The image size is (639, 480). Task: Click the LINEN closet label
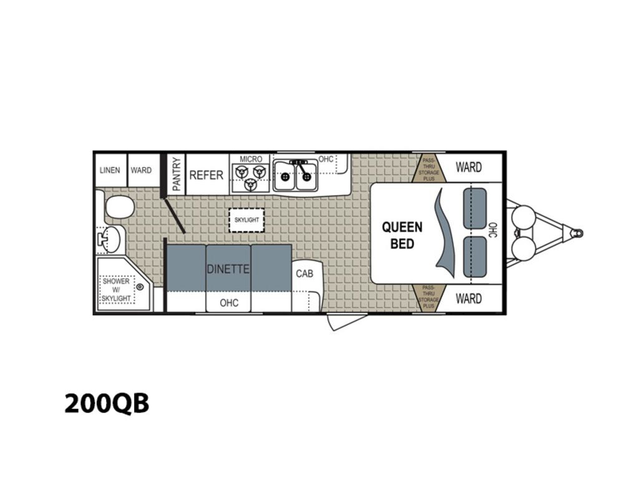click(110, 170)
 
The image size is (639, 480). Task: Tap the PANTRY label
click(176, 174)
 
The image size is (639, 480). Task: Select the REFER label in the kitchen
click(206, 175)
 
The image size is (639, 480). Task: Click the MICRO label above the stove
click(251, 159)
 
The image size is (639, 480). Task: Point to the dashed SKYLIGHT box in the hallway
click(246, 220)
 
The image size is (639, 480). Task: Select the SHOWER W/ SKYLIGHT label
click(116, 290)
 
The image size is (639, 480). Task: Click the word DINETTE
click(228, 269)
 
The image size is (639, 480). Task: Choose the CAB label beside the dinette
click(305, 273)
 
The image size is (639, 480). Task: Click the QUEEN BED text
click(402, 235)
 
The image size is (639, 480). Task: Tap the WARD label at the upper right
click(469, 167)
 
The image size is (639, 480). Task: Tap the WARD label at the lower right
click(469, 299)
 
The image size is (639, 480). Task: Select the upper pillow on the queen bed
click(475, 208)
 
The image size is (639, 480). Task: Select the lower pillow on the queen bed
click(475, 257)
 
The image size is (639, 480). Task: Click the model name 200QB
click(107, 403)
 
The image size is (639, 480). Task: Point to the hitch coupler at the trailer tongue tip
click(577, 234)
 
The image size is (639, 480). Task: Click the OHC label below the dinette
click(229, 303)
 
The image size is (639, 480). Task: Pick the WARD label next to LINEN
click(141, 170)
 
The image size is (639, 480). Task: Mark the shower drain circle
click(140, 287)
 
